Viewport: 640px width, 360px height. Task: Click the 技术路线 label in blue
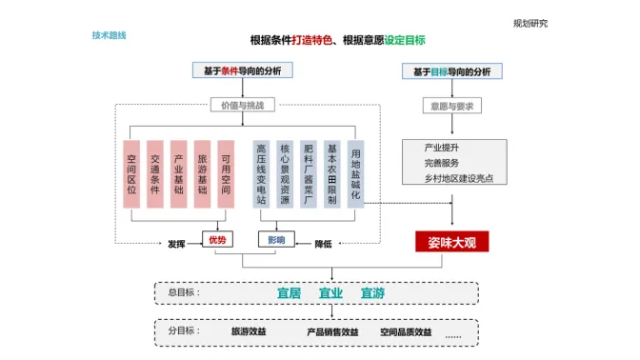click(109, 35)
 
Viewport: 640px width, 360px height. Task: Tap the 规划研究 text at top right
click(530, 24)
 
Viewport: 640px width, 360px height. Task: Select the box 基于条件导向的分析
click(243, 70)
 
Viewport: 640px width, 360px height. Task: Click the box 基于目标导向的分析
click(451, 71)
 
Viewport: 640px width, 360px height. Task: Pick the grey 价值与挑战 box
click(243, 105)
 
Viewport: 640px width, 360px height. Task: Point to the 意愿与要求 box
click(451, 106)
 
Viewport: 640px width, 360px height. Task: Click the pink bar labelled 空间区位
click(131, 174)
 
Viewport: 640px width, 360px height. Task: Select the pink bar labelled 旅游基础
click(203, 174)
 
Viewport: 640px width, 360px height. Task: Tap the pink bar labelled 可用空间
click(226, 174)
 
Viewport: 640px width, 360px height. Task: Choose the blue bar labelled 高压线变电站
click(261, 174)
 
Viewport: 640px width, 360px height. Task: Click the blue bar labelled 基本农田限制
click(331, 174)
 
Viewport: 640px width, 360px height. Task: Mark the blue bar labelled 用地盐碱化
click(355, 174)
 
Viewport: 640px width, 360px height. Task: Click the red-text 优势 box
click(217, 239)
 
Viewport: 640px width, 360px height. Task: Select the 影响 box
click(276, 239)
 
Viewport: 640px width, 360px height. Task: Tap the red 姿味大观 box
click(451, 242)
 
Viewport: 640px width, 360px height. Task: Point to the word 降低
click(323, 244)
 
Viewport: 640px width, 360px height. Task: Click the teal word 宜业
click(330, 293)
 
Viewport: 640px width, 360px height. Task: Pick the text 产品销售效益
click(332, 332)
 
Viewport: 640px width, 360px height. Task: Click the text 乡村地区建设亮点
click(459, 178)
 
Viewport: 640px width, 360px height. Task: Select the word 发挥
click(176, 244)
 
